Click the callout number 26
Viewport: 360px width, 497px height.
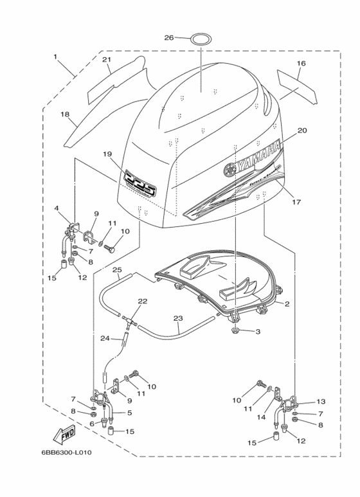(169, 38)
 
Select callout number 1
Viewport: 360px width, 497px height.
(55, 57)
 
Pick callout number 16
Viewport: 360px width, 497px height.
(301, 63)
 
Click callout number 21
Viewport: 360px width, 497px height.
(107, 60)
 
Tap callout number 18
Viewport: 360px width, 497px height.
(65, 114)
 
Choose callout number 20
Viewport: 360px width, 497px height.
(301, 131)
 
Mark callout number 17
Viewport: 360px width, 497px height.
(298, 202)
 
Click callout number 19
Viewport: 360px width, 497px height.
(107, 154)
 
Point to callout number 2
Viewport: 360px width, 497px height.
(287, 304)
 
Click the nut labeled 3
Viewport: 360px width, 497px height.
(237, 331)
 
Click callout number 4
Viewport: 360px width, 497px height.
(57, 208)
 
